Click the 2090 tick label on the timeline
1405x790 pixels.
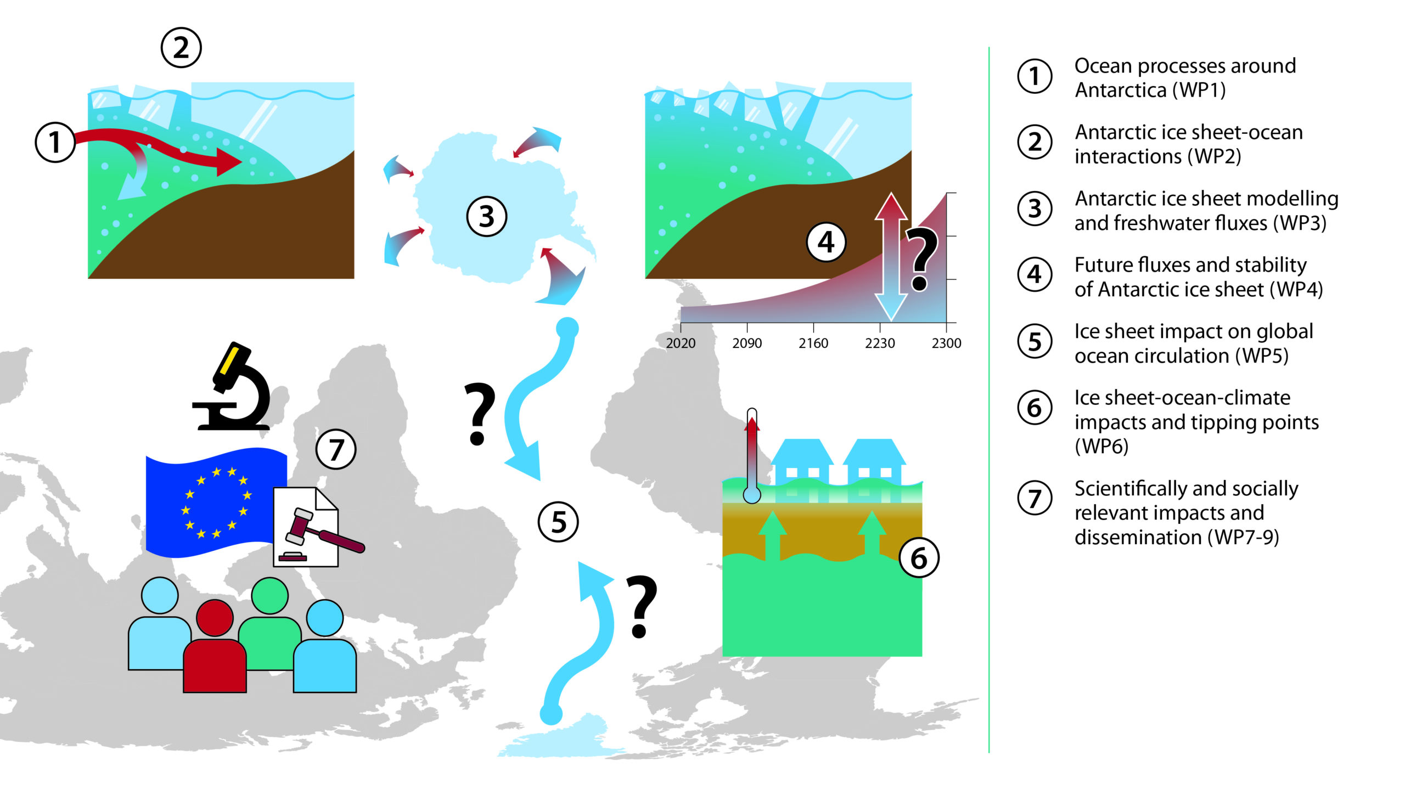pos(747,343)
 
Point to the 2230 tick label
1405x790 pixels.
pos(880,343)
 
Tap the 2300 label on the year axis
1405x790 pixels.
pos(946,343)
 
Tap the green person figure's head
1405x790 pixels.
pos(269,596)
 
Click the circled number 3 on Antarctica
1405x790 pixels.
pos(486,216)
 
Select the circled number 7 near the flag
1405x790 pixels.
pos(336,449)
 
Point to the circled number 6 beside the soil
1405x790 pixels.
pos(919,558)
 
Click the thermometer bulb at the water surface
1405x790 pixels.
pos(752,495)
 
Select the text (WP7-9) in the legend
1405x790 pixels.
pos(1243,537)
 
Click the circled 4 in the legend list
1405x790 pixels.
pos(1035,274)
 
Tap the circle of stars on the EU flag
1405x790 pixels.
pos(216,502)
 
